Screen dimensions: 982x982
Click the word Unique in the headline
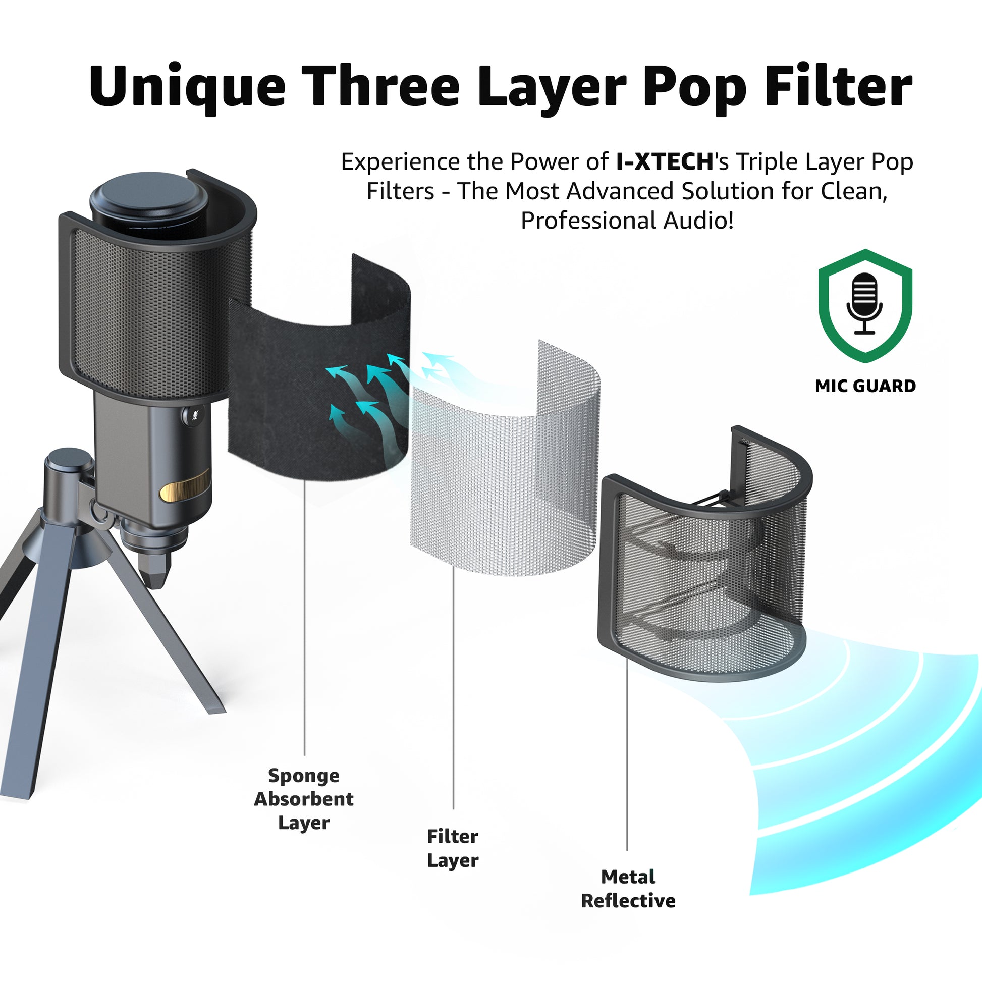click(187, 87)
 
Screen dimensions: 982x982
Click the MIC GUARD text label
click(865, 387)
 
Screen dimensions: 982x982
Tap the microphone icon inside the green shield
click(864, 304)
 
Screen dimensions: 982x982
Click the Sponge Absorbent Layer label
click(303, 799)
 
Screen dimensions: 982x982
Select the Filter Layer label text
click(452, 848)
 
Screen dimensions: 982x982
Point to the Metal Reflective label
click(628, 889)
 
